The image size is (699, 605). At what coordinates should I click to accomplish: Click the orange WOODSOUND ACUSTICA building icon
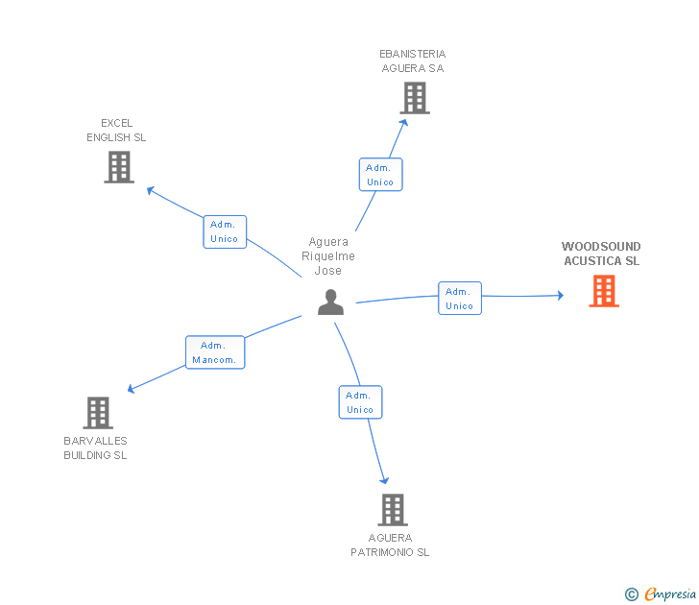(604, 291)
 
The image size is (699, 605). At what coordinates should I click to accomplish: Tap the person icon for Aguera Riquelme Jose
(330, 302)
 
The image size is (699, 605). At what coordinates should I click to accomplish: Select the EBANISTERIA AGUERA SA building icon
(415, 98)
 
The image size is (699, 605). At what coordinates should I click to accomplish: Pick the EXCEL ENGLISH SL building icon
(119, 167)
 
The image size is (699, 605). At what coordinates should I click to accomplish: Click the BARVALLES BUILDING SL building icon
(98, 413)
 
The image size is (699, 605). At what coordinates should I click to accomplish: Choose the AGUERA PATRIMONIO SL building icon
(393, 510)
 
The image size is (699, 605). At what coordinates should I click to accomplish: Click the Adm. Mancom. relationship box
(215, 352)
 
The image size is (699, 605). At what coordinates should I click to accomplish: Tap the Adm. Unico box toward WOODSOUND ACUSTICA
(460, 299)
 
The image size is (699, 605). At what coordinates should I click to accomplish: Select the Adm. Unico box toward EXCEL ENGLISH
(225, 231)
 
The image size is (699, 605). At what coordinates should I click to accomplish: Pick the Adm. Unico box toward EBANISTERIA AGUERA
(380, 175)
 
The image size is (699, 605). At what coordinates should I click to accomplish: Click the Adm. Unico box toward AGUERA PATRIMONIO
(360, 402)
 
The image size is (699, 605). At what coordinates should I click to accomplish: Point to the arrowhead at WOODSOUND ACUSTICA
(561, 295)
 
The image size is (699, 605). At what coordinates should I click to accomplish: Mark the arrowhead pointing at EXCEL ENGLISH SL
(150, 190)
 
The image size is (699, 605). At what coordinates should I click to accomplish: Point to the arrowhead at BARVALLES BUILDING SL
(131, 389)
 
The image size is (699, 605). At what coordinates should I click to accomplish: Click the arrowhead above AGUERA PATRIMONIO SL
(384, 480)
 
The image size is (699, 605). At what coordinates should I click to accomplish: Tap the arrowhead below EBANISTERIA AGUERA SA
(404, 122)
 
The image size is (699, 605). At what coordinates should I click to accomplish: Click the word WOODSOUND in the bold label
(601, 247)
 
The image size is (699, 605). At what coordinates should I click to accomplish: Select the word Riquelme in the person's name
(328, 256)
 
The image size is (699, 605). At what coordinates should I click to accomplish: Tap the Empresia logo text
(670, 593)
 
